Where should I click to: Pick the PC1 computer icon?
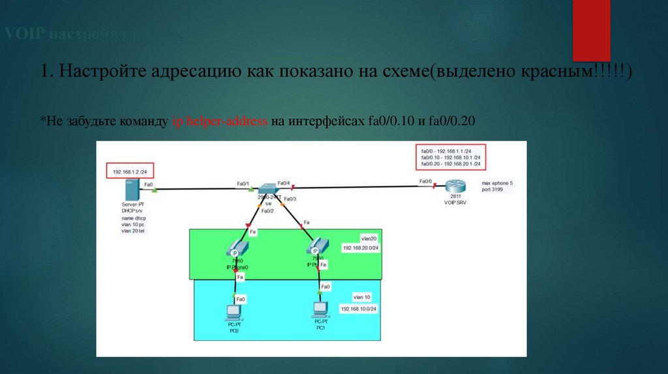320,310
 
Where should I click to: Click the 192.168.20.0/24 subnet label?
361,248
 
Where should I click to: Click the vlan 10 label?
363,297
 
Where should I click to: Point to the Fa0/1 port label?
243,183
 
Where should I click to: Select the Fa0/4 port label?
284,183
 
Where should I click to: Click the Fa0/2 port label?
267,210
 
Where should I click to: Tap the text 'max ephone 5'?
498,184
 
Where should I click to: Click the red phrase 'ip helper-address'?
220,122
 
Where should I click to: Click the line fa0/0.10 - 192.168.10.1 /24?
451,158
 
